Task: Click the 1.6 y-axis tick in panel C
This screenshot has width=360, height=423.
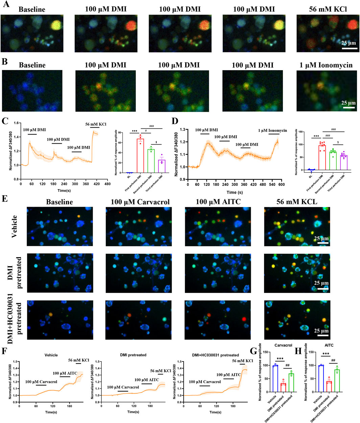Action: click(x=16, y=123)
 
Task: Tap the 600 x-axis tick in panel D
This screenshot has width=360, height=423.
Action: click(x=282, y=185)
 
